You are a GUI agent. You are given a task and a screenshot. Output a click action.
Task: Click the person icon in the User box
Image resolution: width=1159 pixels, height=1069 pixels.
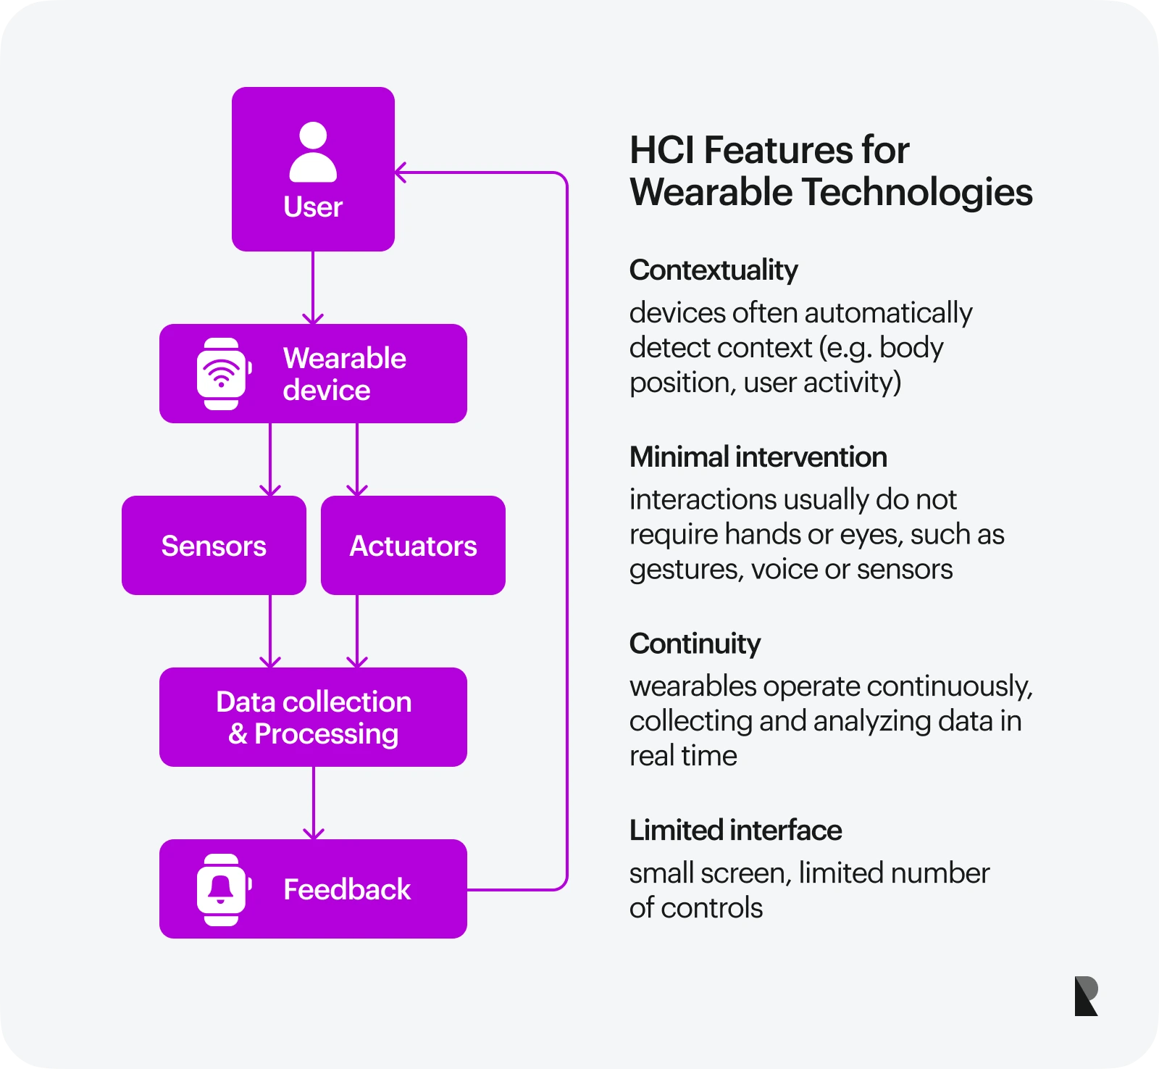313,152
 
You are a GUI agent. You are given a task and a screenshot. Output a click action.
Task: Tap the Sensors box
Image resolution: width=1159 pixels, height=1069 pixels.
214,546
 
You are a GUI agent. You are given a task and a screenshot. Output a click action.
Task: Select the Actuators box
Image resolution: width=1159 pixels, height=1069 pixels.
413,546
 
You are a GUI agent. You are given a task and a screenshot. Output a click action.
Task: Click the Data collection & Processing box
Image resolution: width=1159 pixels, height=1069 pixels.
313,717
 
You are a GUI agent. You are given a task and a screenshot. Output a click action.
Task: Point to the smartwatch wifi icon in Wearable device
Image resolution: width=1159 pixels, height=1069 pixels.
222,374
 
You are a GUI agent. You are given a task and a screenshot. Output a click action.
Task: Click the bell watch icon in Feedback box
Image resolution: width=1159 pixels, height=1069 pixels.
222,889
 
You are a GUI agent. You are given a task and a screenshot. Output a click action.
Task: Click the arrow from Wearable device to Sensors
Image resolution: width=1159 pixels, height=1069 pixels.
270,459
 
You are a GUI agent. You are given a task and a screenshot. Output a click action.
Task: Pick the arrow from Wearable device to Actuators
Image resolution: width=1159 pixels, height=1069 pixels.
357,459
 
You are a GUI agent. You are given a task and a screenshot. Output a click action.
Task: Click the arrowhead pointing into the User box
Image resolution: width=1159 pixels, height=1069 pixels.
401,172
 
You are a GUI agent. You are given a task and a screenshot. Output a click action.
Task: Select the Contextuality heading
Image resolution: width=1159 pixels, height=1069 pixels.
714,270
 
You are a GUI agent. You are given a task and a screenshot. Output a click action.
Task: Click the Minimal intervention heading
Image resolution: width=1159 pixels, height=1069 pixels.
758,457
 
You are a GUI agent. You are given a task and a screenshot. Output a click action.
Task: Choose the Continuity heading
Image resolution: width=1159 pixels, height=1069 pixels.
695,644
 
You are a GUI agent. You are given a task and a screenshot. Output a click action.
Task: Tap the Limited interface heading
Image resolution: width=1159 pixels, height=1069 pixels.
735,830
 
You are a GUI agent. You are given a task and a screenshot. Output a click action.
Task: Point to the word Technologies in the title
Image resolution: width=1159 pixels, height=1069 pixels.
917,193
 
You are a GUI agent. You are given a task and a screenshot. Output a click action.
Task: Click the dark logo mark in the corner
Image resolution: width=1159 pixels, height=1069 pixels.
1086,996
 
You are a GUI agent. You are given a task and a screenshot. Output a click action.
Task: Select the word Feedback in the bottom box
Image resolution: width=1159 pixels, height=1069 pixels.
347,889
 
